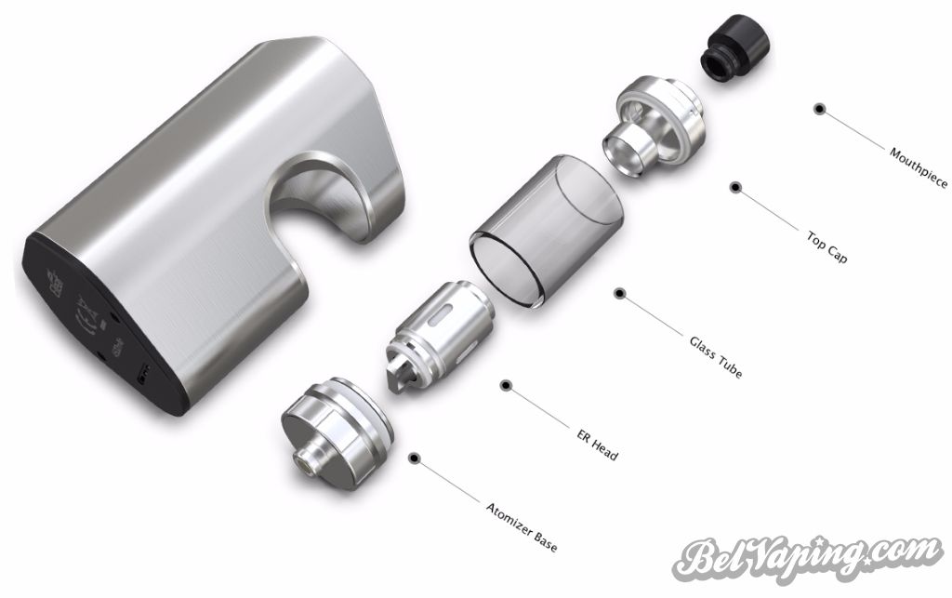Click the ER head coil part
pyautogui.click(x=439, y=337)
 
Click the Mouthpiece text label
pyautogui.click(x=918, y=167)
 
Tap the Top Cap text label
pyautogui.click(x=826, y=246)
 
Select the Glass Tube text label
pyautogui.click(x=716, y=357)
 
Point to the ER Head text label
pyautogui.click(x=598, y=445)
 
